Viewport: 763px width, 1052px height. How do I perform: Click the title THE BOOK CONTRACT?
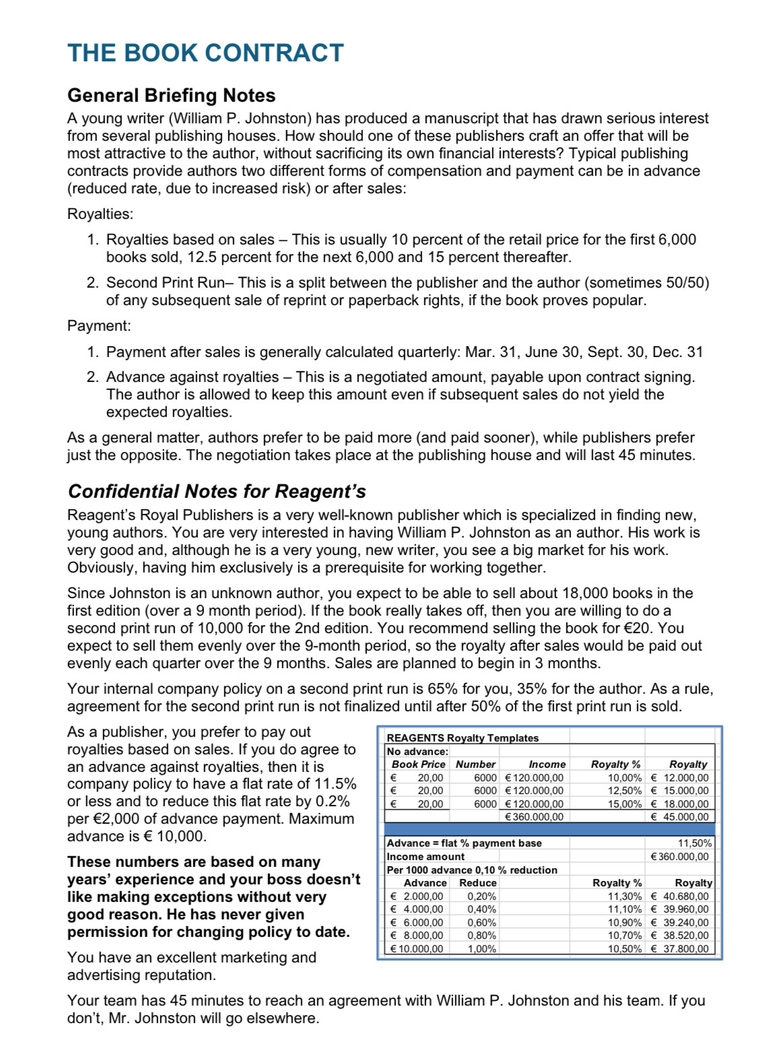(205, 53)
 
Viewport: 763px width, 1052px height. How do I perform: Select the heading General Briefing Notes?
(171, 96)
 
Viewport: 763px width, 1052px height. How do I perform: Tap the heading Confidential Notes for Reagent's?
(216, 492)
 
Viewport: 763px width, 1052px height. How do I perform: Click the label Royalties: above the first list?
(100, 214)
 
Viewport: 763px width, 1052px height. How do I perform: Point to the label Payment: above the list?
(99, 326)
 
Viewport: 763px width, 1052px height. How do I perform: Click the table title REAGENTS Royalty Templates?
(462, 738)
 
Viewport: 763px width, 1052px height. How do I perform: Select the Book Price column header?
(418, 764)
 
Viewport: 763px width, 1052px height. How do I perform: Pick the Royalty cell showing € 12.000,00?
(679, 778)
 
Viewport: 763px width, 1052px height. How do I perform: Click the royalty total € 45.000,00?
(679, 817)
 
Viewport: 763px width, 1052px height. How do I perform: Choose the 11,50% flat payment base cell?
(694, 843)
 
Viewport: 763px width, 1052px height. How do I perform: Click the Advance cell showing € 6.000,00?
(417, 923)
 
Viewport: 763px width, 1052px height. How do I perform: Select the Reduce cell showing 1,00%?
(482, 949)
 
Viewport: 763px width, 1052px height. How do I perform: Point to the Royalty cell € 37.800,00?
(679, 949)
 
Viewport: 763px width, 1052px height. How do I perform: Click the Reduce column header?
(477, 883)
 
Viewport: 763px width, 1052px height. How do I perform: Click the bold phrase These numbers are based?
(193, 862)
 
